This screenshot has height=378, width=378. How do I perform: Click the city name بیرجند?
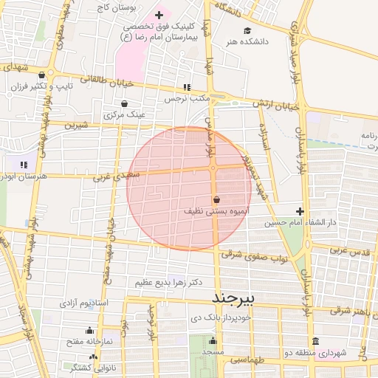click(233, 298)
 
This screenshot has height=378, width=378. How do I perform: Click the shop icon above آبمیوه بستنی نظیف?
click(216, 200)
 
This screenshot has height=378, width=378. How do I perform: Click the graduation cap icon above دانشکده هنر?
click(247, 30)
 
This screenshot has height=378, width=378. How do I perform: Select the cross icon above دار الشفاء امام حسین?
click(300, 211)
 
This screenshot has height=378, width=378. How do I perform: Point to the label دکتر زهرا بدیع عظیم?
click(169, 283)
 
